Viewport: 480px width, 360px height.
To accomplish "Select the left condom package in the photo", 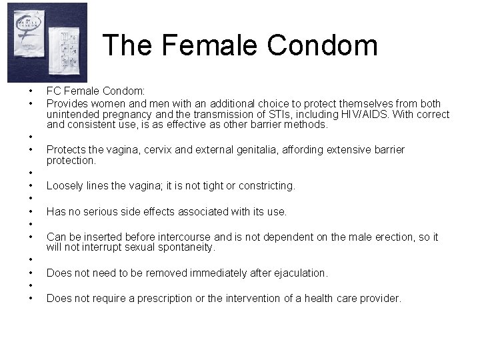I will (x=27, y=41).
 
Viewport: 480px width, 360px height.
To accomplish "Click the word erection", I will (x=393, y=237).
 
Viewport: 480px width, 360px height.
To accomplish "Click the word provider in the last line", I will (x=379, y=299).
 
